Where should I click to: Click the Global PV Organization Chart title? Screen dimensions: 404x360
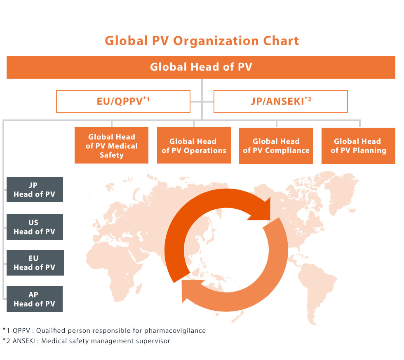[x=202, y=41]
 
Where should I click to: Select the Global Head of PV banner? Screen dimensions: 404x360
[x=201, y=67]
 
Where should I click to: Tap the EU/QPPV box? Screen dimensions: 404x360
[x=123, y=101]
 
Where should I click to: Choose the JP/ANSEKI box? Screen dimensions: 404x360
[x=281, y=101]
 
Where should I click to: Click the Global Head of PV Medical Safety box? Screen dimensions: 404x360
[x=112, y=145]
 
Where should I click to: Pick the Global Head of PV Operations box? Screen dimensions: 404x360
[x=194, y=145]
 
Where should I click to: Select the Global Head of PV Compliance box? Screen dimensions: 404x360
[x=276, y=146]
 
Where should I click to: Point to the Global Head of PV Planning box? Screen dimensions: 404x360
[x=358, y=146]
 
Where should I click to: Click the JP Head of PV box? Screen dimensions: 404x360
[x=35, y=189]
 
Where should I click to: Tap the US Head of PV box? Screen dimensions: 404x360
[x=35, y=227]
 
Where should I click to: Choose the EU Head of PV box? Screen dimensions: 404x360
[x=35, y=263]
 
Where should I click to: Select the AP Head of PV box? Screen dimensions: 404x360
[x=35, y=299]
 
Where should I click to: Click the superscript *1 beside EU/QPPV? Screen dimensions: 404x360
[x=146, y=99]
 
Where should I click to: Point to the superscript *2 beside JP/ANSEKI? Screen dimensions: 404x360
[x=308, y=99]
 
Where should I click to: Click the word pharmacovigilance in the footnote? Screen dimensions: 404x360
[x=175, y=331]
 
